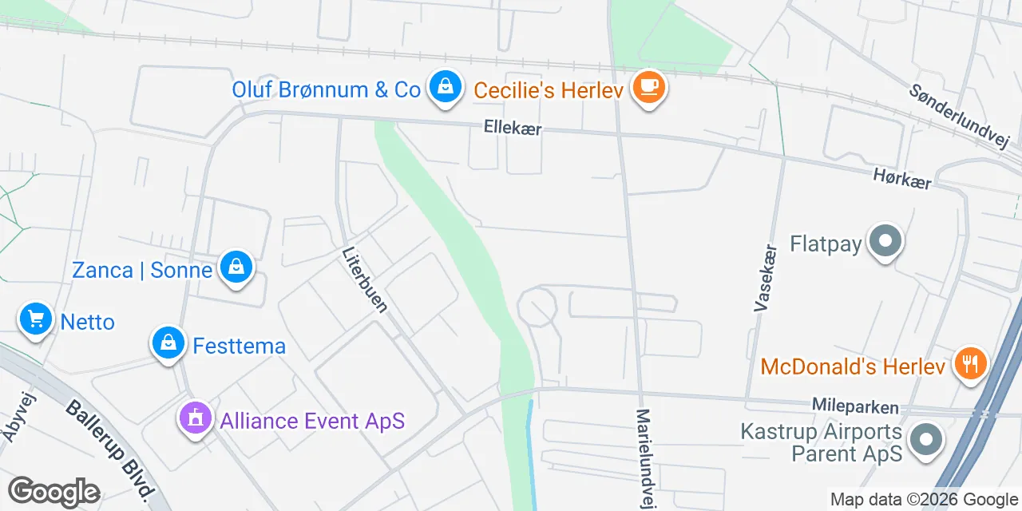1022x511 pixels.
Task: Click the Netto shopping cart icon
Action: coord(35,320)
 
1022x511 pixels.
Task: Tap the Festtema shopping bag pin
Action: coord(168,343)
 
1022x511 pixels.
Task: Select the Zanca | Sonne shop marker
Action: coord(236,268)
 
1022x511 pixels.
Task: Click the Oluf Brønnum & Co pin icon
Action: coord(446,87)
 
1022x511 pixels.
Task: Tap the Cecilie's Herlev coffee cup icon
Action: coord(648,87)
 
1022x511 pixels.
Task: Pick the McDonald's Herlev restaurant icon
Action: coord(970,365)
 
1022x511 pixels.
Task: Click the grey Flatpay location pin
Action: coord(885,241)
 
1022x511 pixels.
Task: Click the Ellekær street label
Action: coord(513,128)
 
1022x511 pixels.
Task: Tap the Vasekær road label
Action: coord(764,277)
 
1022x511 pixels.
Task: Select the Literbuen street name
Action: coord(365,279)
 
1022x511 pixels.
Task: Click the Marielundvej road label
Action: coord(644,457)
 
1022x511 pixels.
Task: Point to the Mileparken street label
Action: coord(854,407)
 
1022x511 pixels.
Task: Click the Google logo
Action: coord(53,492)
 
